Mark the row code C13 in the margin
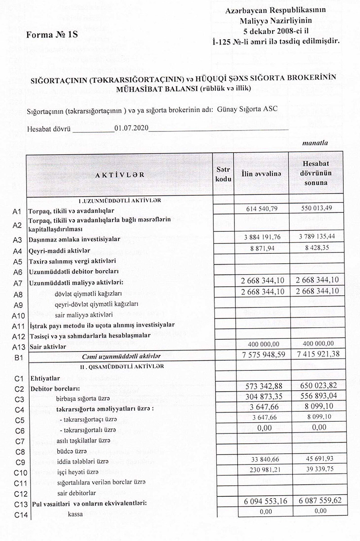coord(18,504)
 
